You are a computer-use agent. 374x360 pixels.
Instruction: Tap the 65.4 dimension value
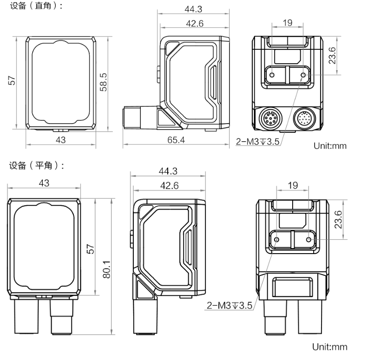coord(176,140)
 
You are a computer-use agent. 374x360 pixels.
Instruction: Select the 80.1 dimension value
coord(106,269)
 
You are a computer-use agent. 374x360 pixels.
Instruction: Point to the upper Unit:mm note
coord(330,145)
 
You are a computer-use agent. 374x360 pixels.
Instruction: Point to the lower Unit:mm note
coord(330,347)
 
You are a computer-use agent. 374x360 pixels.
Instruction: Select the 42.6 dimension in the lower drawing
coord(169,185)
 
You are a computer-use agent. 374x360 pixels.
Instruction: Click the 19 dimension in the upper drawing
coord(288,23)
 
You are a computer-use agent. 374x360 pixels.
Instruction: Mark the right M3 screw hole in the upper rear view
coord(304,75)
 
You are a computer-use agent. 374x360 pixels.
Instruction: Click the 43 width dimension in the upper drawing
coord(60,140)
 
